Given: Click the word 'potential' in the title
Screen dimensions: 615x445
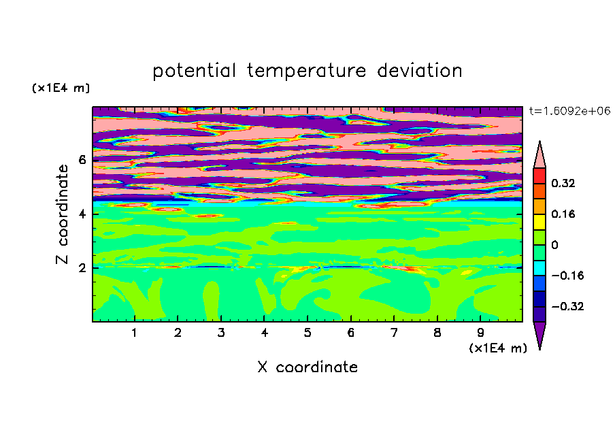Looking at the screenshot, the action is click(x=194, y=71).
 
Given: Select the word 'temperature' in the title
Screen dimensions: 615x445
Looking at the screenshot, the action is click(x=306, y=71).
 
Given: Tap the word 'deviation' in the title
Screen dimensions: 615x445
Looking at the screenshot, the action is click(x=419, y=71).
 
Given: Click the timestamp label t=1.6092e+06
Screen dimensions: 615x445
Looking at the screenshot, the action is click(x=569, y=111).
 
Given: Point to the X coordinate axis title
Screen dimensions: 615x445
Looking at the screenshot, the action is click(x=307, y=367).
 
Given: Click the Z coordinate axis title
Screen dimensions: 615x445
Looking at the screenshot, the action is click(x=63, y=214).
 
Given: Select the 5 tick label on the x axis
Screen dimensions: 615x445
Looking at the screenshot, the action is click(x=307, y=333).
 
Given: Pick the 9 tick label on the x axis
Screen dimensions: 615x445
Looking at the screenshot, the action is click(x=480, y=333).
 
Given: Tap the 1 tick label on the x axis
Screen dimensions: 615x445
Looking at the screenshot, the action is click(x=135, y=333).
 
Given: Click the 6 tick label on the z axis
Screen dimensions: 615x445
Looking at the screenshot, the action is click(x=82, y=160).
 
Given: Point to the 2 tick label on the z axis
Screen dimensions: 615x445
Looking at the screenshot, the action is click(x=82, y=268).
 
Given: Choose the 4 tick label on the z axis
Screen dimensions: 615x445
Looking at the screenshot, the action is click(x=82, y=214).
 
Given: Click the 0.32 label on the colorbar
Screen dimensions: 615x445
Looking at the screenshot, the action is click(x=563, y=183).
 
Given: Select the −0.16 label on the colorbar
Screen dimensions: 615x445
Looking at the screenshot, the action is click(x=567, y=276).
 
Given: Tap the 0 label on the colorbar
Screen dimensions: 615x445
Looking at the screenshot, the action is click(x=554, y=245).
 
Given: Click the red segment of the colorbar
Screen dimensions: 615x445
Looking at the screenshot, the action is click(x=539, y=176).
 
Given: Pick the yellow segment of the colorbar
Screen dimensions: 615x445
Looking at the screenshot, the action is click(x=539, y=222).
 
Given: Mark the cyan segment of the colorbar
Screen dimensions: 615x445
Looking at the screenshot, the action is click(x=539, y=268).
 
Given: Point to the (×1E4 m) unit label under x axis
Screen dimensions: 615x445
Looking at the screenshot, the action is click(x=498, y=348).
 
